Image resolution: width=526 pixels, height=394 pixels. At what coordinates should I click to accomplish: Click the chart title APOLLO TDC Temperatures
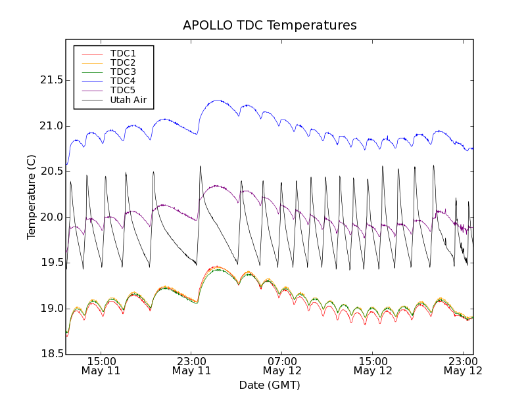pos(270,26)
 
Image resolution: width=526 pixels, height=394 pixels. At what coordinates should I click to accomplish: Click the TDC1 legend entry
pos(123,53)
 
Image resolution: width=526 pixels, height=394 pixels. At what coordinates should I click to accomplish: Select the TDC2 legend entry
pos(123,62)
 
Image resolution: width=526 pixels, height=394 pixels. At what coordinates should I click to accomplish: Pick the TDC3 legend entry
pos(123,72)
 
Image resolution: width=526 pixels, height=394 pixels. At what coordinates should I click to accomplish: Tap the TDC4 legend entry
pos(123,81)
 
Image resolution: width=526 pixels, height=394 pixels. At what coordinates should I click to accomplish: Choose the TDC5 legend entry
pos(123,90)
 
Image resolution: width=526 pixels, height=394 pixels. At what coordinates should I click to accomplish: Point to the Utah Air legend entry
pos(128,100)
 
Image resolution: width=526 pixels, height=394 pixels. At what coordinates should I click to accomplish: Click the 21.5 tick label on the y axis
pos(50,80)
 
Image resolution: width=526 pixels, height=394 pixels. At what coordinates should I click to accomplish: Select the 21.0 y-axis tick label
pos(50,126)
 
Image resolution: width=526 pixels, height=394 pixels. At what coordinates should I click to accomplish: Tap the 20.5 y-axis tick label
pos(50,171)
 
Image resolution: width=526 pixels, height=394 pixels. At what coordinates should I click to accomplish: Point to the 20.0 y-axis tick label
pos(50,217)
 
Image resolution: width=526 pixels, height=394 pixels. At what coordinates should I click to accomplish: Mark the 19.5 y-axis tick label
pos(50,263)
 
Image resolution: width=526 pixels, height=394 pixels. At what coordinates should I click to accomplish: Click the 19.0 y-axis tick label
pos(50,309)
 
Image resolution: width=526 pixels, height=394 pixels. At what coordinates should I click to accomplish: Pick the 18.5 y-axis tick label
pos(50,355)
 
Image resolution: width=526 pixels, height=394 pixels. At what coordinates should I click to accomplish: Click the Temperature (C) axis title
pos(32,197)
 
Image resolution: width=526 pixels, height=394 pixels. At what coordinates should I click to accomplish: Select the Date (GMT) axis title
pos(270,385)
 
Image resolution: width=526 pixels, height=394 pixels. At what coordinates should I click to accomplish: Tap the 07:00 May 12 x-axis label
pos(281,366)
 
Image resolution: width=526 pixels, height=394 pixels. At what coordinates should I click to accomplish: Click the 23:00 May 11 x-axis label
pos(191,366)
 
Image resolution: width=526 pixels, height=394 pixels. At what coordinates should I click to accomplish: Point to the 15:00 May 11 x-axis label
pos(101,366)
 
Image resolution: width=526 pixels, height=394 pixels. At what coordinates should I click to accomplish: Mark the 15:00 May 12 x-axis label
pos(372,366)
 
